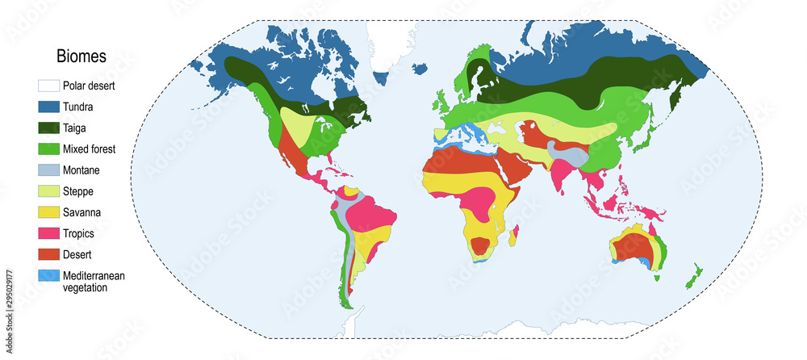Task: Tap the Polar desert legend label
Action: [91, 85]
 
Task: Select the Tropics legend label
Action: [79, 233]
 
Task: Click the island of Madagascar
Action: [513, 236]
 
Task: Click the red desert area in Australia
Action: [634, 247]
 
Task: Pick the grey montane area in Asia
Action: [567, 153]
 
